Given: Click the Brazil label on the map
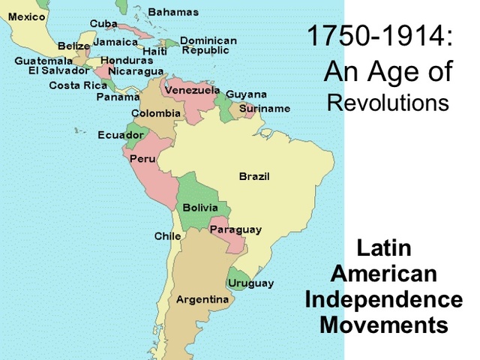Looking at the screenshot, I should [x=254, y=176].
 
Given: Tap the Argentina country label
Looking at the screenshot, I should [x=202, y=299].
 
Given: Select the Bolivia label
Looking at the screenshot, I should [x=200, y=207].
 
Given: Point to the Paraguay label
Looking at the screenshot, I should [x=235, y=229].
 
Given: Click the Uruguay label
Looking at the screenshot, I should [x=251, y=283].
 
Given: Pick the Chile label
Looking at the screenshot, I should [x=167, y=235].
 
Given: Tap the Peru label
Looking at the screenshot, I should [x=142, y=159].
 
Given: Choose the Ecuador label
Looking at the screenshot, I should [x=121, y=135].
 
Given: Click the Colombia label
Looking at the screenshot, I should [x=156, y=113].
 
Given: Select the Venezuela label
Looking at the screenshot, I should [x=192, y=90].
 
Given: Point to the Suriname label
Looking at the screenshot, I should [x=265, y=109].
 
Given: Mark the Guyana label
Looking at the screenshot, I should [x=246, y=94].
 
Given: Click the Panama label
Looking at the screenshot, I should [x=118, y=97].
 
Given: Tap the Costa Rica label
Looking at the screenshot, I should [x=78, y=85].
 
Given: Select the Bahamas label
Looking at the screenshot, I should [x=173, y=12].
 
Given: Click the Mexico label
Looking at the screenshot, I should [x=26, y=16].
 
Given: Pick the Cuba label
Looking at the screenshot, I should [x=103, y=23].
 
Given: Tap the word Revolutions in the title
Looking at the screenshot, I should [x=388, y=103].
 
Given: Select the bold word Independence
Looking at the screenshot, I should [x=383, y=300].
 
